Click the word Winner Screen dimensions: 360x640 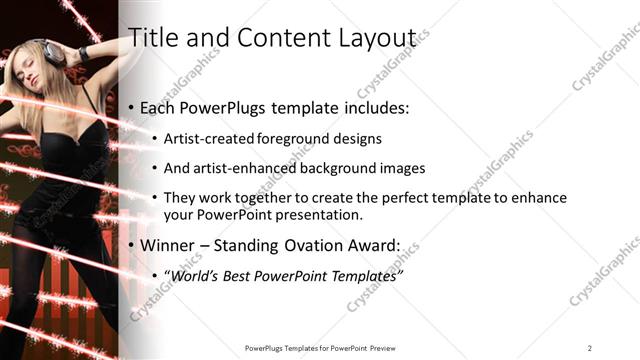coord(169,245)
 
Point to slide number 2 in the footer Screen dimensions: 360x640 coord(589,347)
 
